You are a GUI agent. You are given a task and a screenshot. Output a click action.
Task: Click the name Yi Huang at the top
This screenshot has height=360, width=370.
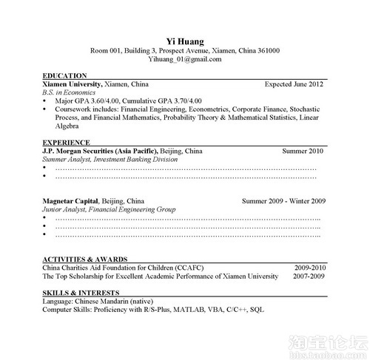pyautogui.click(x=184, y=40)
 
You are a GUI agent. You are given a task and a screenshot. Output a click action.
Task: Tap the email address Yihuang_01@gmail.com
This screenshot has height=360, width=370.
pyautogui.click(x=184, y=59)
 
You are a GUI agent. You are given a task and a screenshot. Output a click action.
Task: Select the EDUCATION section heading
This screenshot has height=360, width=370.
pyautogui.click(x=65, y=76)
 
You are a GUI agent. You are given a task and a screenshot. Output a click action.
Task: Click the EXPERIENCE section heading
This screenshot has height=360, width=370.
pyautogui.click(x=67, y=141)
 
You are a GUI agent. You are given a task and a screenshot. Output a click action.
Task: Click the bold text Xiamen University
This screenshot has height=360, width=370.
pyautogui.click(x=73, y=85)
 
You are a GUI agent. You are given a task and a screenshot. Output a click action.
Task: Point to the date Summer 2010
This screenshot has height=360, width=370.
pyautogui.click(x=303, y=150)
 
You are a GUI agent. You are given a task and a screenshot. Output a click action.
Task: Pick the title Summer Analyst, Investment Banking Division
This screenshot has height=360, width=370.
pyautogui.click(x=110, y=158)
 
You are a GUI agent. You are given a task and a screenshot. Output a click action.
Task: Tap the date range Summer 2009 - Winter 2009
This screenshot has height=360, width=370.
pyautogui.click(x=283, y=201)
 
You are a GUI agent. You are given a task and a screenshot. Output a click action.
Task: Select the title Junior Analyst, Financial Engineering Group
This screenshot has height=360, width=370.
pyautogui.click(x=109, y=209)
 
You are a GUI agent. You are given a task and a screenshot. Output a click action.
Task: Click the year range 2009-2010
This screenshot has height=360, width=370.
pyautogui.click(x=309, y=267)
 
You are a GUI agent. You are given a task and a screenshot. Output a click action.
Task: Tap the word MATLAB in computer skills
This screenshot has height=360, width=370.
pyautogui.click(x=189, y=310)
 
